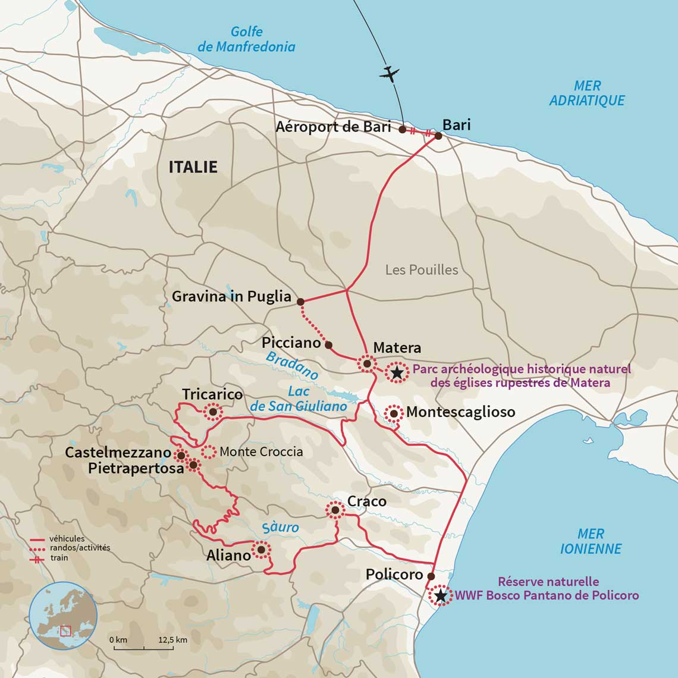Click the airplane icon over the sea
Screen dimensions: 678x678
pos(390,74)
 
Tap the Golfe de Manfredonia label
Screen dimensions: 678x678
pos(246,39)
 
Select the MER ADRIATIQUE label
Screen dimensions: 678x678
pos(586,93)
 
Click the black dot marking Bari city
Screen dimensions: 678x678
pos(438,136)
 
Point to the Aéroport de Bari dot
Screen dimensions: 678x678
pos(402,129)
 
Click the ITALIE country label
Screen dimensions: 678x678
pos(193,167)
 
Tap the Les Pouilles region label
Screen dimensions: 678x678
pos(422,270)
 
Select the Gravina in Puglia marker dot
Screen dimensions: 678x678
pos(300,302)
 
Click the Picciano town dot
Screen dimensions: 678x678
pos(328,344)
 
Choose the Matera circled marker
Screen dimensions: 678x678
pos(367,363)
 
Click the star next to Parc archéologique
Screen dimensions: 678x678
pos(396,373)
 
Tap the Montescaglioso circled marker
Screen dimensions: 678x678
pos(393,413)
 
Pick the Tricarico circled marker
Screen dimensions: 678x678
pos(212,412)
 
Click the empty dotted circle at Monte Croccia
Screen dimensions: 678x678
pos(208,451)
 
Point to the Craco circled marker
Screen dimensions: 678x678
pos(335,510)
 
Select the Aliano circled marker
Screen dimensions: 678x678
pos(260,550)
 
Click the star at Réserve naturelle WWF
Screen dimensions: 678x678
pos(440,595)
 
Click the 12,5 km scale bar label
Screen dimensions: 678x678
pos(173,640)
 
